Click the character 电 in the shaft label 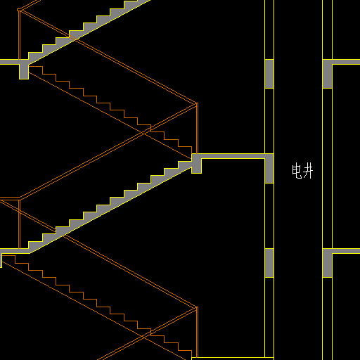[297, 171]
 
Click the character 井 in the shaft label [308, 171]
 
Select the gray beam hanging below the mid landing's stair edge [196, 166]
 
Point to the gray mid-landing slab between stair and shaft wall [233, 156]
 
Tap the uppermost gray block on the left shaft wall [269, 74]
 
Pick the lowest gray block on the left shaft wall [269, 263]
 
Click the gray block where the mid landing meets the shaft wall [269, 168]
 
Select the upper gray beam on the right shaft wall [327, 74]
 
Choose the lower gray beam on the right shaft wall [327, 263]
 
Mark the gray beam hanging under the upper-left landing [24, 72]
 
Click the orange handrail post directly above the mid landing [197, 128]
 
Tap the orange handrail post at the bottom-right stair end [197, 333]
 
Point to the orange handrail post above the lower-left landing [20, 224]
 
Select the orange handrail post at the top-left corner [20, 34]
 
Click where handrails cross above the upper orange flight [143, 133]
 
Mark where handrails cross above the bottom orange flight [143, 337]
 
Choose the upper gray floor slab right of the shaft [346, 62]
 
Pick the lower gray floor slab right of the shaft [346, 251]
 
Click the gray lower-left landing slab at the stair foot [15, 251]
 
